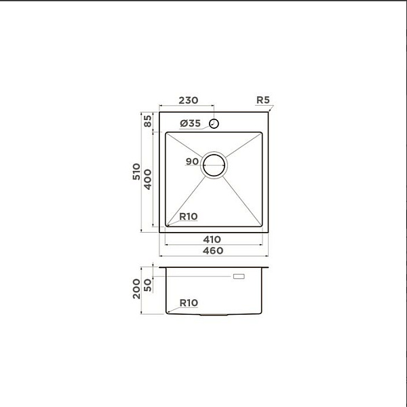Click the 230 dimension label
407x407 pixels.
tap(188, 100)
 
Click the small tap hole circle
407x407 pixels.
tap(214, 123)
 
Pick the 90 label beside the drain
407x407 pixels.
tap(191, 161)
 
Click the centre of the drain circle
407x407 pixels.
tap(214, 164)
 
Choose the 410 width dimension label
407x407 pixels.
tap(213, 239)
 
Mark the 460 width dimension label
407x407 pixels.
tap(213, 250)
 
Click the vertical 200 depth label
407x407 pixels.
tap(137, 290)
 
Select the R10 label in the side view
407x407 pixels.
tap(189, 303)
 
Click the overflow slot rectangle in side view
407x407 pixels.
tap(239, 277)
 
